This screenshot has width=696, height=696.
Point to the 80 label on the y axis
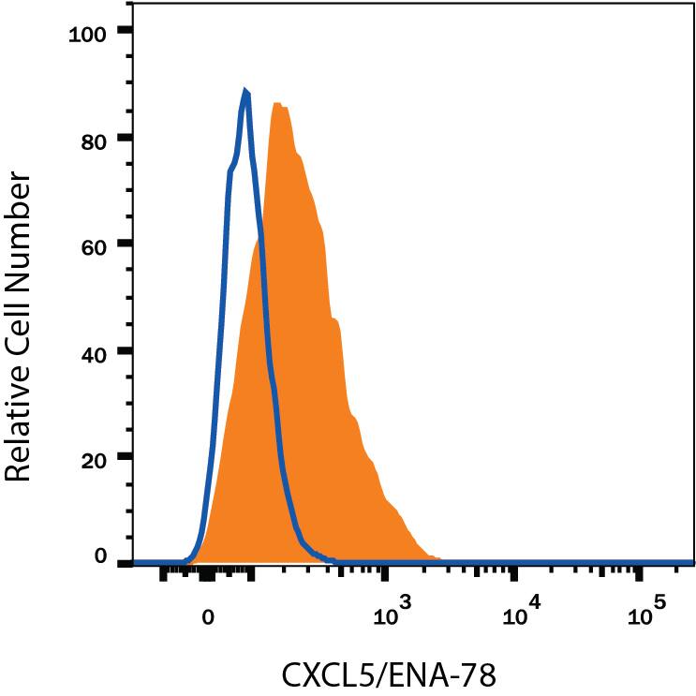(x=94, y=138)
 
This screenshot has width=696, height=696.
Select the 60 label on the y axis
(x=94, y=244)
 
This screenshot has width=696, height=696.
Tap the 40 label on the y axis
(x=94, y=351)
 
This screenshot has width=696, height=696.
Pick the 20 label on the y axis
(x=94, y=458)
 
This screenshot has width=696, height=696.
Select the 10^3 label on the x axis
(x=392, y=615)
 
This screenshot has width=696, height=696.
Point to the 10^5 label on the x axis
(x=645, y=615)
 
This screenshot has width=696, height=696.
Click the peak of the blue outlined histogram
(x=245, y=91)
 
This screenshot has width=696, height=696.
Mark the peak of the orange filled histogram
(x=277, y=103)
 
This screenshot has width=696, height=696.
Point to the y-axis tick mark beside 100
(x=125, y=31)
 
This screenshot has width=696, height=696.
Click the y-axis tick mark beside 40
(x=125, y=351)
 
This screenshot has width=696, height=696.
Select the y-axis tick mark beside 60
(x=125, y=244)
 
